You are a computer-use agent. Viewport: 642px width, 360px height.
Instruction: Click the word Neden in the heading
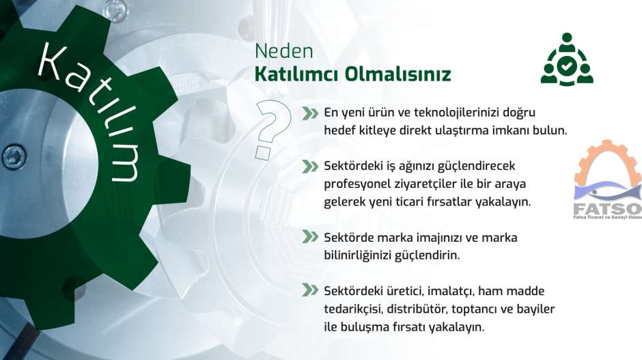283,51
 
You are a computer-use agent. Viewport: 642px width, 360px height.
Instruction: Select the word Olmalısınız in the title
397,74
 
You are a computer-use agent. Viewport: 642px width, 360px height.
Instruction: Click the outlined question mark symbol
273,129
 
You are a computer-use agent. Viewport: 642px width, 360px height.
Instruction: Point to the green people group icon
567,59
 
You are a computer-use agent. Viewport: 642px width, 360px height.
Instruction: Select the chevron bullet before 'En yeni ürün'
310,113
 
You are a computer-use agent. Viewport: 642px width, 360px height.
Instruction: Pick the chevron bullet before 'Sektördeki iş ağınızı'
310,167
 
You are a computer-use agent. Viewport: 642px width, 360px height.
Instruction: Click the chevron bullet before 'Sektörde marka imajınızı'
310,237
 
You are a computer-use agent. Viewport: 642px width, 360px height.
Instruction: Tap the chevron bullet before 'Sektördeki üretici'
310,290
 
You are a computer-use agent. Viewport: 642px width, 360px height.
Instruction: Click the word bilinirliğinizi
357,255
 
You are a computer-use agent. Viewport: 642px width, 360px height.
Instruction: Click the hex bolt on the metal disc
14,156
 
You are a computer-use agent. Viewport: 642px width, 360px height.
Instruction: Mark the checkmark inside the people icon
567,66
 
